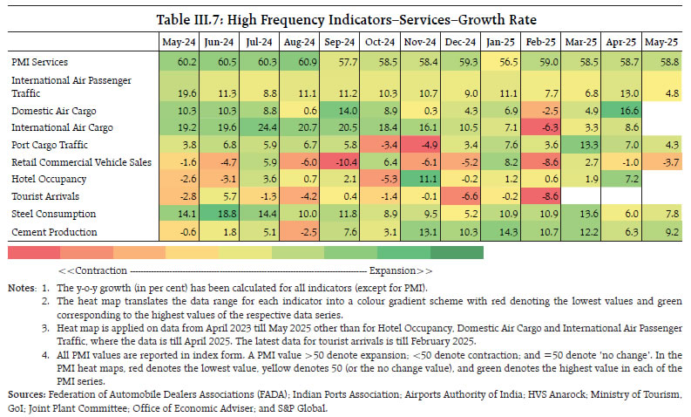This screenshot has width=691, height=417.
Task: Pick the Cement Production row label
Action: pyautogui.click(x=55, y=230)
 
